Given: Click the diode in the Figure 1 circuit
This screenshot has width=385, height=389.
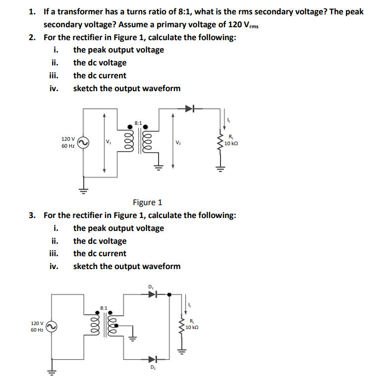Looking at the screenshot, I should coord(191,108).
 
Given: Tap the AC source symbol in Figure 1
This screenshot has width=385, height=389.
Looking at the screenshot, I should coord(83,143).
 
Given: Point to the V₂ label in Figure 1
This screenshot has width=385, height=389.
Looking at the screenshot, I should coord(177,143).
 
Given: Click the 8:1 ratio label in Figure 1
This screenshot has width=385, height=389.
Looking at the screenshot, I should coord(138,122).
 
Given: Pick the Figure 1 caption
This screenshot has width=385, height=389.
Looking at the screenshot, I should coord(147,202).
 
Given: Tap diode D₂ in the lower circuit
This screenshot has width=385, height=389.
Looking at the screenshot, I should coord(153,359).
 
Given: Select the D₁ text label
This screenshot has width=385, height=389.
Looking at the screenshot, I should coord(151,286).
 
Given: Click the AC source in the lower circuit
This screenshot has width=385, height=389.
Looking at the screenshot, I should coord(52,326).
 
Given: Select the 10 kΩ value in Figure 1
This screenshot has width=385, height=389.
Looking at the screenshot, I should coord(232,144).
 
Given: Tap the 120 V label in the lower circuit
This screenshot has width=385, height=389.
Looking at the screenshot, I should coord(37,323).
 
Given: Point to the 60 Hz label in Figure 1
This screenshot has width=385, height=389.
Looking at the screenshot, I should coord(68,146).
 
